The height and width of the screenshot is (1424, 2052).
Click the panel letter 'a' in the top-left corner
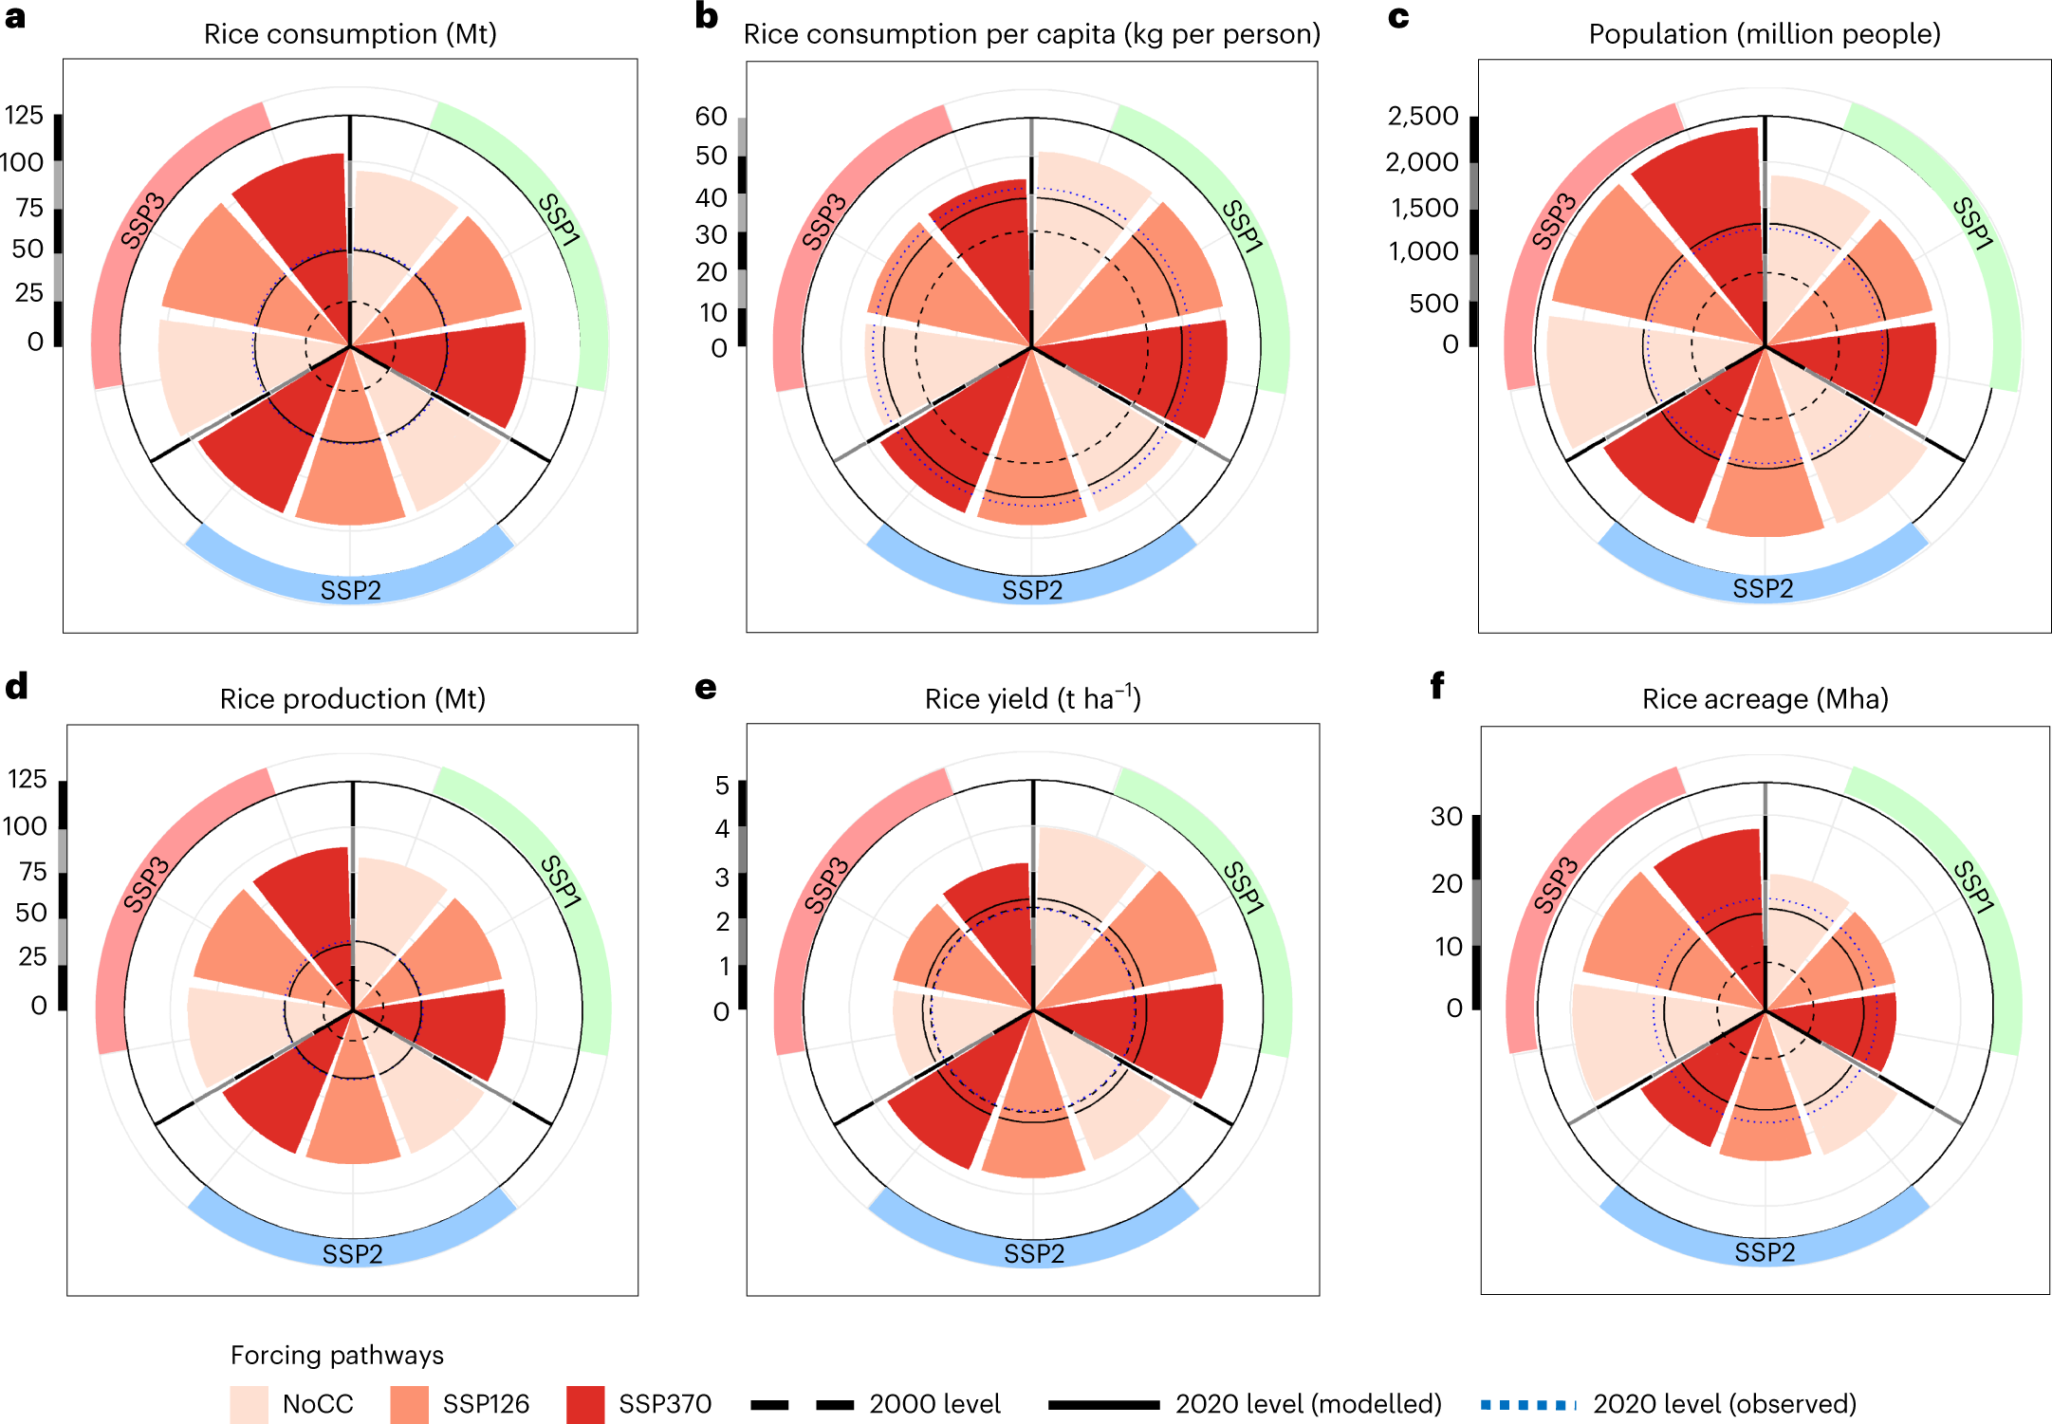14,16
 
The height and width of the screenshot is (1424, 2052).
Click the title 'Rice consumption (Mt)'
350,34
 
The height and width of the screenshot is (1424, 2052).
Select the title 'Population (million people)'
1764,34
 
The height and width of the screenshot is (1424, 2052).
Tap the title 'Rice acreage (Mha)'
1765,699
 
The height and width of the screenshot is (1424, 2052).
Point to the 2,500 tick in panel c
1422,116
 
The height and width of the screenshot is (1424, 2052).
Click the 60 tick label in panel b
711,116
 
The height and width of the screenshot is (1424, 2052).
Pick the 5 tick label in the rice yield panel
722,786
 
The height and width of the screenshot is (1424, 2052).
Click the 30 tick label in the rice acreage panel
1446,816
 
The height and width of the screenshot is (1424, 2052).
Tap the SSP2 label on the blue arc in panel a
350,590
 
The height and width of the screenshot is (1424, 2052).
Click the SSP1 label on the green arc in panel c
1972,224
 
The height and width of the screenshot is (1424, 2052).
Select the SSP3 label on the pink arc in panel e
825,885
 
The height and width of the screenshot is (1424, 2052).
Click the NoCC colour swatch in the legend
249,1404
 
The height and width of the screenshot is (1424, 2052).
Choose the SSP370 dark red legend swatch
585,1404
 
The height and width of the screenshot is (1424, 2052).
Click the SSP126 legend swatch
409,1404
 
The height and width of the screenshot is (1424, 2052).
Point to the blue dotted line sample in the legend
1527,1404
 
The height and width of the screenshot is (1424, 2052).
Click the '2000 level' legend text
934,1404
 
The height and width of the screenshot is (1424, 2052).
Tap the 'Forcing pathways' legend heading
337,1355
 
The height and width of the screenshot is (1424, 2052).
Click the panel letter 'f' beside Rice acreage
1436,685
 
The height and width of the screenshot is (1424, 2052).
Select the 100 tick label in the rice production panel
25,826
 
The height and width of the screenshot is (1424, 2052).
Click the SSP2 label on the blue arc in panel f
1764,1252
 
